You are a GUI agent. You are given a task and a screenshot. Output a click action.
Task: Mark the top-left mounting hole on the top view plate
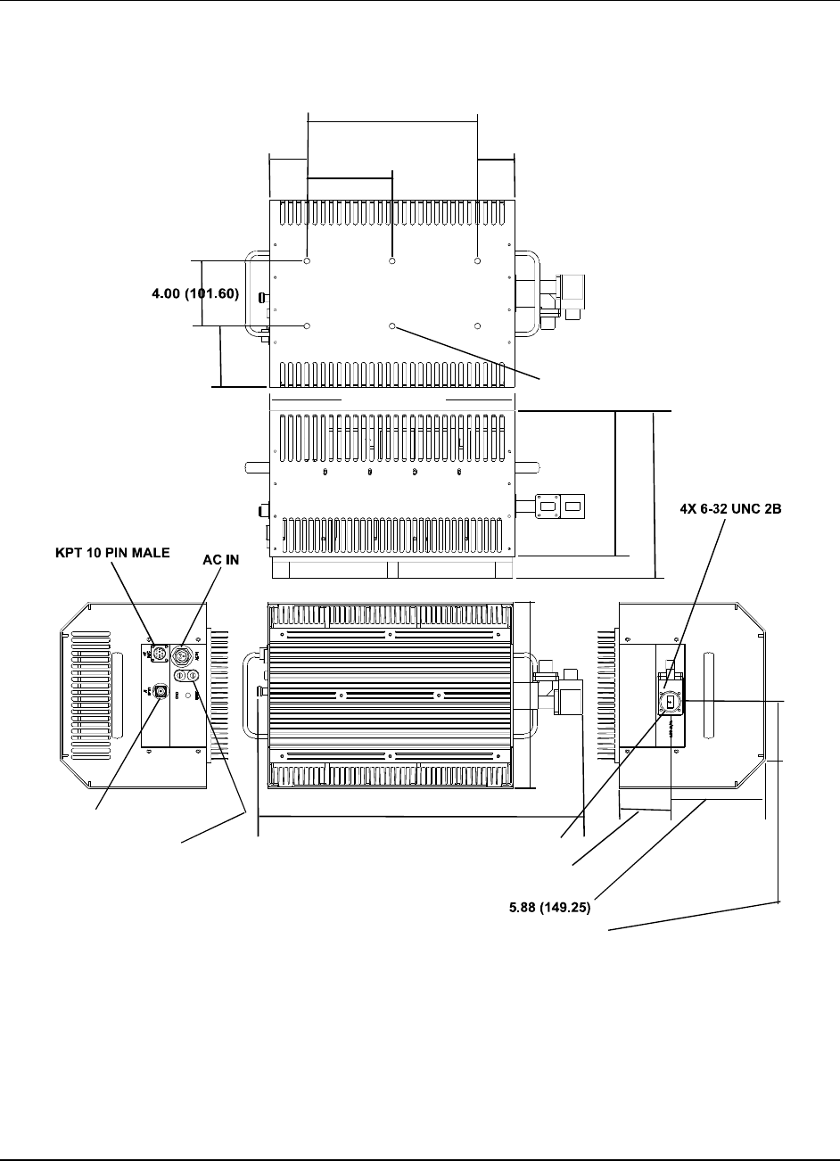coord(307,261)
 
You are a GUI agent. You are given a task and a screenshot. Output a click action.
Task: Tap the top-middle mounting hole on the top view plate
coord(392,261)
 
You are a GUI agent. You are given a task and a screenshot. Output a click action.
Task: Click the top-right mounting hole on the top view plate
coord(478,261)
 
